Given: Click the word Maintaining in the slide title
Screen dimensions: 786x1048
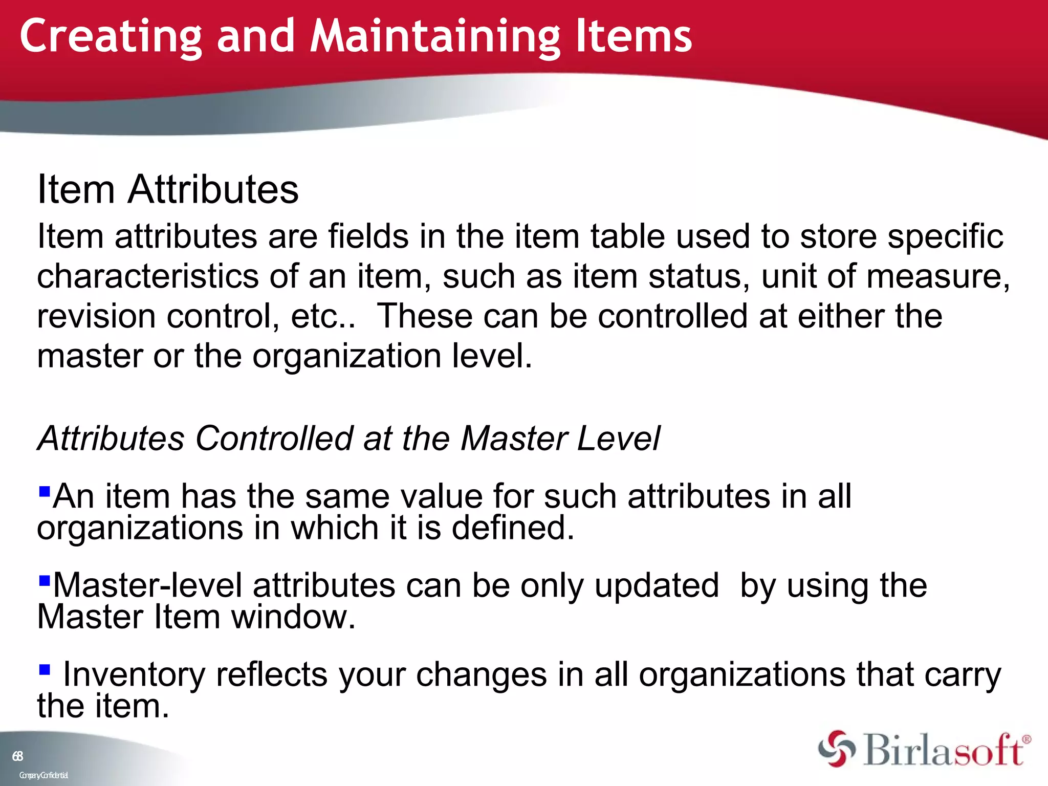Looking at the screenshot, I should [x=435, y=37].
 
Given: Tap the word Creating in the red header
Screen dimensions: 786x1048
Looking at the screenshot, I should [x=111, y=37].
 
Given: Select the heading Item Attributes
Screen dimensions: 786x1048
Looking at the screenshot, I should [x=168, y=189].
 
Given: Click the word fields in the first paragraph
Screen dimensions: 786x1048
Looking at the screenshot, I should [x=368, y=236].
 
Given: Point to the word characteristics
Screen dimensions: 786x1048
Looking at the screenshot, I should [x=148, y=276].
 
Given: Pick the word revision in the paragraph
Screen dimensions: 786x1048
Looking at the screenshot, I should [x=96, y=316].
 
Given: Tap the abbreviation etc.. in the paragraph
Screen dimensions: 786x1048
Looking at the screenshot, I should [x=323, y=316].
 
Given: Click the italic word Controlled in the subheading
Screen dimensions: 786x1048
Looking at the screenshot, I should [x=274, y=439].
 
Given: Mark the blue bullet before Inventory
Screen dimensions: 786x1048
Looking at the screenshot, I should [x=45, y=669].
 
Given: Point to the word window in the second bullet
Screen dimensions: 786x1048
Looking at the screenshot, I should [x=293, y=617].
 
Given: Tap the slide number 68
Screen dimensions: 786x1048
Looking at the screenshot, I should [x=18, y=756].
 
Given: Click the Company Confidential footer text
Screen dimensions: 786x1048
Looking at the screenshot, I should [x=43, y=775].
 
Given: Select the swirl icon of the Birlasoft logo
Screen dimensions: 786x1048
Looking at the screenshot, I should [x=836, y=749].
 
